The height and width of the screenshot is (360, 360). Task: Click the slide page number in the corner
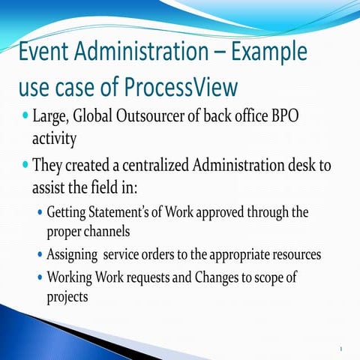341,348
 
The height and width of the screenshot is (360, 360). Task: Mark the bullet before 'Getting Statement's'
39,212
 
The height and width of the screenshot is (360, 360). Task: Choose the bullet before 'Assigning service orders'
39,254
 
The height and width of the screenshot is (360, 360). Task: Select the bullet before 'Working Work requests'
39,277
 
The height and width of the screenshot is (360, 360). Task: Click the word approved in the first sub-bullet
212,212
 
